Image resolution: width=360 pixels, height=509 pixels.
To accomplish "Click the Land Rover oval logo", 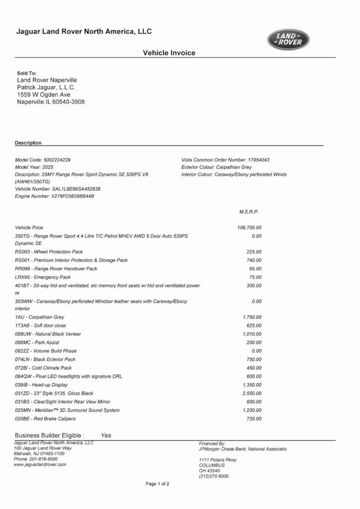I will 288,39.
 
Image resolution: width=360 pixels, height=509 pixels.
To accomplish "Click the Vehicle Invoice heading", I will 169,53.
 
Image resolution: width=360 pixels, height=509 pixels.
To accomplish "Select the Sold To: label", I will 27,73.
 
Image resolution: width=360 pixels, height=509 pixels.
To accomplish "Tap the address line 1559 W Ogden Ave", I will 44,95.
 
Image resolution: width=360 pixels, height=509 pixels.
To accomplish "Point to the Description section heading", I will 28,143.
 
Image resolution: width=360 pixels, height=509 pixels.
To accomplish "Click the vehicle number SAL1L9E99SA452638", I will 76,189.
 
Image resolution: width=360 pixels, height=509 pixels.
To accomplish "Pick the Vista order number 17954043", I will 258,160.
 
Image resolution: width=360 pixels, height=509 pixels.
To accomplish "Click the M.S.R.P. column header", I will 249,212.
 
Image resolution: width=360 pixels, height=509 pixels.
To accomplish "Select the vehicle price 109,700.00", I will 249,227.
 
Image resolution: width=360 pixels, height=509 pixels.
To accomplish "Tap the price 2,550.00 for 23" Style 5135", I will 252,393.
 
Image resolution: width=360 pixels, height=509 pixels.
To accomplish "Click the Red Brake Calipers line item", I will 45,419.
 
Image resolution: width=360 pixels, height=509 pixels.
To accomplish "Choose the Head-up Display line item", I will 41,385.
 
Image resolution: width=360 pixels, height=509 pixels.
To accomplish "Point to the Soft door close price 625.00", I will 254,326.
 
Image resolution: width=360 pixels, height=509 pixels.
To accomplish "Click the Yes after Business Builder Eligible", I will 106,435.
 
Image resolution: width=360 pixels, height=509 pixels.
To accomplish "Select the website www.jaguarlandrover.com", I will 40,464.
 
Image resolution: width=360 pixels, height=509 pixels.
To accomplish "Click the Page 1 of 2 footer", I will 157,484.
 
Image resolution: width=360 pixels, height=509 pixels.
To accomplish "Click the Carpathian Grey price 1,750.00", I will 252,317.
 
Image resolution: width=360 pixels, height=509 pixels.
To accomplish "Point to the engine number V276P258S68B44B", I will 72,196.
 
